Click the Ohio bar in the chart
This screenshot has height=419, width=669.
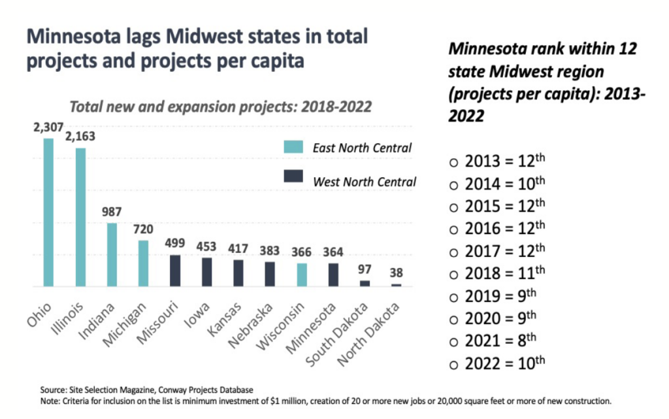coord(48,212)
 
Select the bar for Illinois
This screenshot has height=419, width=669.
coord(80,217)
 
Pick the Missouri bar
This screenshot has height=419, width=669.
coord(175,271)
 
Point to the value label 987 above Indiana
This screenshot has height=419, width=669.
coord(112,211)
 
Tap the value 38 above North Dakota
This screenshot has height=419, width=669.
coord(397,273)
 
